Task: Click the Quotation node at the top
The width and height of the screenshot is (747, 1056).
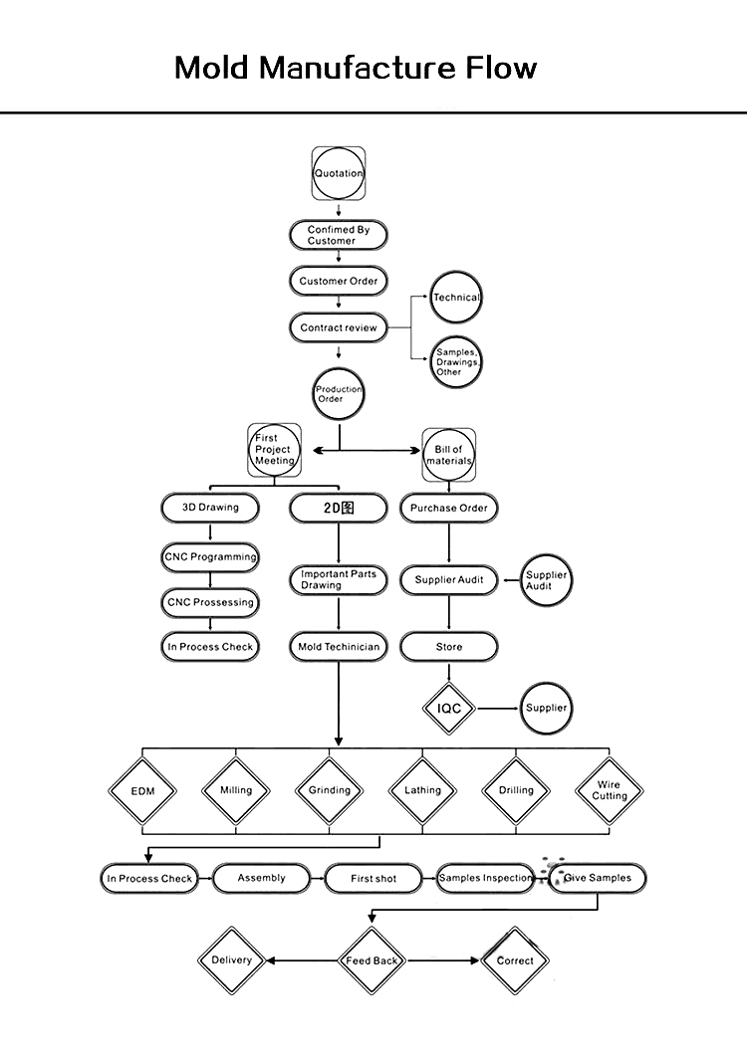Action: coord(339,173)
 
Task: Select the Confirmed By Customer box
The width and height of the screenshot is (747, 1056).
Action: coord(339,235)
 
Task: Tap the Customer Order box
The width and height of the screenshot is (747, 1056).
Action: coord(339,281)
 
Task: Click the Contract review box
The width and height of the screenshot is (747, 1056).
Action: coord(339,327)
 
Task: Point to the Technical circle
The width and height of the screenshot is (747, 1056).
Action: coord(456,298)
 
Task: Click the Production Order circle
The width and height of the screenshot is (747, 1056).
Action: coord(339,394)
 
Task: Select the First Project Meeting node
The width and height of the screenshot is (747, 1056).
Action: coord(274,450)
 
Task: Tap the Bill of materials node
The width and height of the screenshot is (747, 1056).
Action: coord(449,455)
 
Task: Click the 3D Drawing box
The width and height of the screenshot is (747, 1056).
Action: coord(210,508)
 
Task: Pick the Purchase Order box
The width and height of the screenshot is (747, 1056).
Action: coord(449,508)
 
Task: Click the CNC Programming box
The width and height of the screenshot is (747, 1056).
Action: coord(210,556)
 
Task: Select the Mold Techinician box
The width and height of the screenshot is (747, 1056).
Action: coord(339,647)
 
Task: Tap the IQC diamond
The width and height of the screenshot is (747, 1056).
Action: coord(449,709)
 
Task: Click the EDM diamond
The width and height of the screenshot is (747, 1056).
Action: coord(142,791)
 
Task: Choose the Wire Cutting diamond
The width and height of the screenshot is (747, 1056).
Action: coord(610,790)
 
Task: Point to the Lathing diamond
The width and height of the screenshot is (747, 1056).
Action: coord(422,790)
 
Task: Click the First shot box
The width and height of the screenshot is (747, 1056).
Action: coord(373,879)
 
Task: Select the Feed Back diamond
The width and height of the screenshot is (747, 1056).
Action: coord(372,960)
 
